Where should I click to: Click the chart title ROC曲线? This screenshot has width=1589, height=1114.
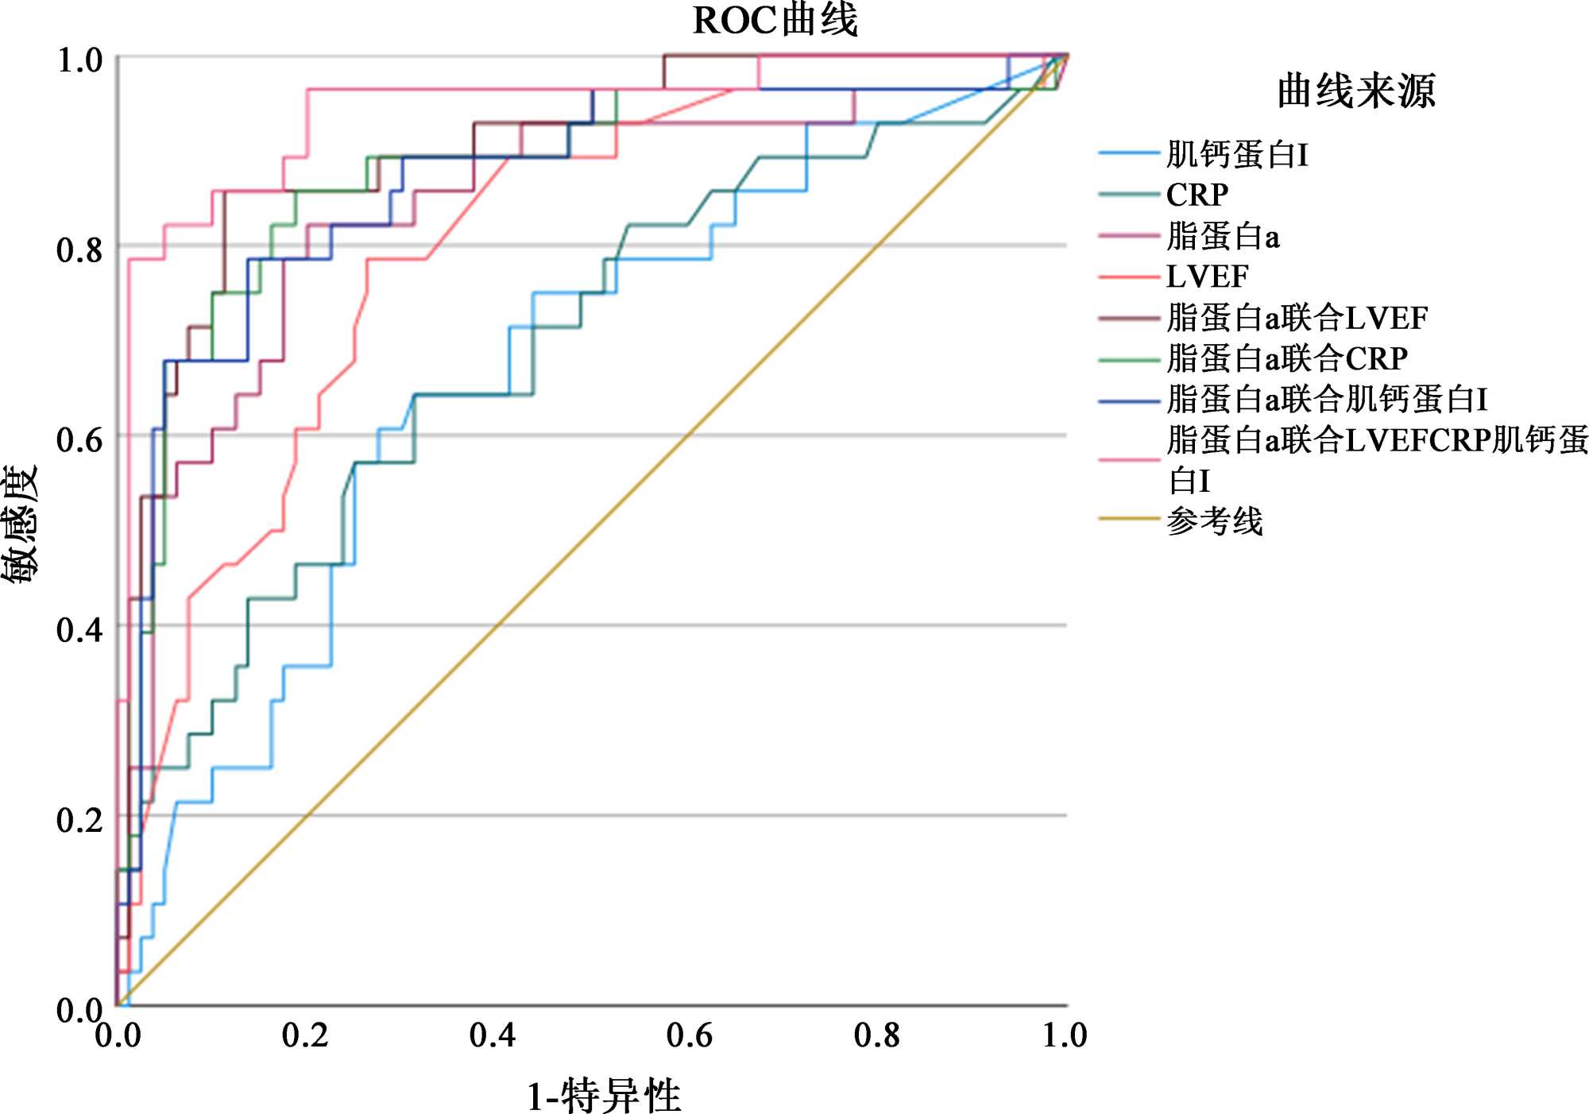pyautogui.click(x=775, y=21)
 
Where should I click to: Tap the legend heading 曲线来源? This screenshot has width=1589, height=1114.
pyautogui.click(x=1356, y=91)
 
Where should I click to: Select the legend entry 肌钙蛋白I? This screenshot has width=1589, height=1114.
pyautogui.click(x=1237, y=154)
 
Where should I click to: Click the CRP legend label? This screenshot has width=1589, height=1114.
pyautogui.click(x=1197, y=195)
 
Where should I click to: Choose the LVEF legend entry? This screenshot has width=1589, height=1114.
pyautogui.click(x=1207, y=277)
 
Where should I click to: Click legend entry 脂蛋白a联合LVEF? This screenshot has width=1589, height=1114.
pyautogui.click(x=1297, y=318)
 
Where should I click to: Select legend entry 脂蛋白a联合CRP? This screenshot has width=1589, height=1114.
pyautogui.click(x=1287, y=358)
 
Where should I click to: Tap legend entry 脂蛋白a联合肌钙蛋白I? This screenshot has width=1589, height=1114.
pyautogui.click(x=1327, y=399)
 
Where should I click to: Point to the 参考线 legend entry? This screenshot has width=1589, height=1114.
pyautogui.click(x=1215, y=521)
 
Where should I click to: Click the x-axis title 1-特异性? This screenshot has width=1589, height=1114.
pyautogui.click(x=604, y=1096)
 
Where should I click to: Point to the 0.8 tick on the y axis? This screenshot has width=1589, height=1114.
pyautogui.click(x=79, y=249)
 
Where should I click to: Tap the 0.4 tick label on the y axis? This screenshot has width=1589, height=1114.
pyautogui.click(x=79, y=629)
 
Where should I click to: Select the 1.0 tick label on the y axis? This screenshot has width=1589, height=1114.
pyautogui.click(x=79, y=60)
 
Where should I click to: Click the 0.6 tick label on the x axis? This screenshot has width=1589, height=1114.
pyautogui.click(x=688, y=1035)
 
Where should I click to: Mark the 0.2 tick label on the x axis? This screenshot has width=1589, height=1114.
pyautogui.click(x=305, y=1035)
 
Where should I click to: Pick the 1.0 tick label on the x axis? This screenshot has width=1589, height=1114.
pyautogui.click(x=1065, y=1035)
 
